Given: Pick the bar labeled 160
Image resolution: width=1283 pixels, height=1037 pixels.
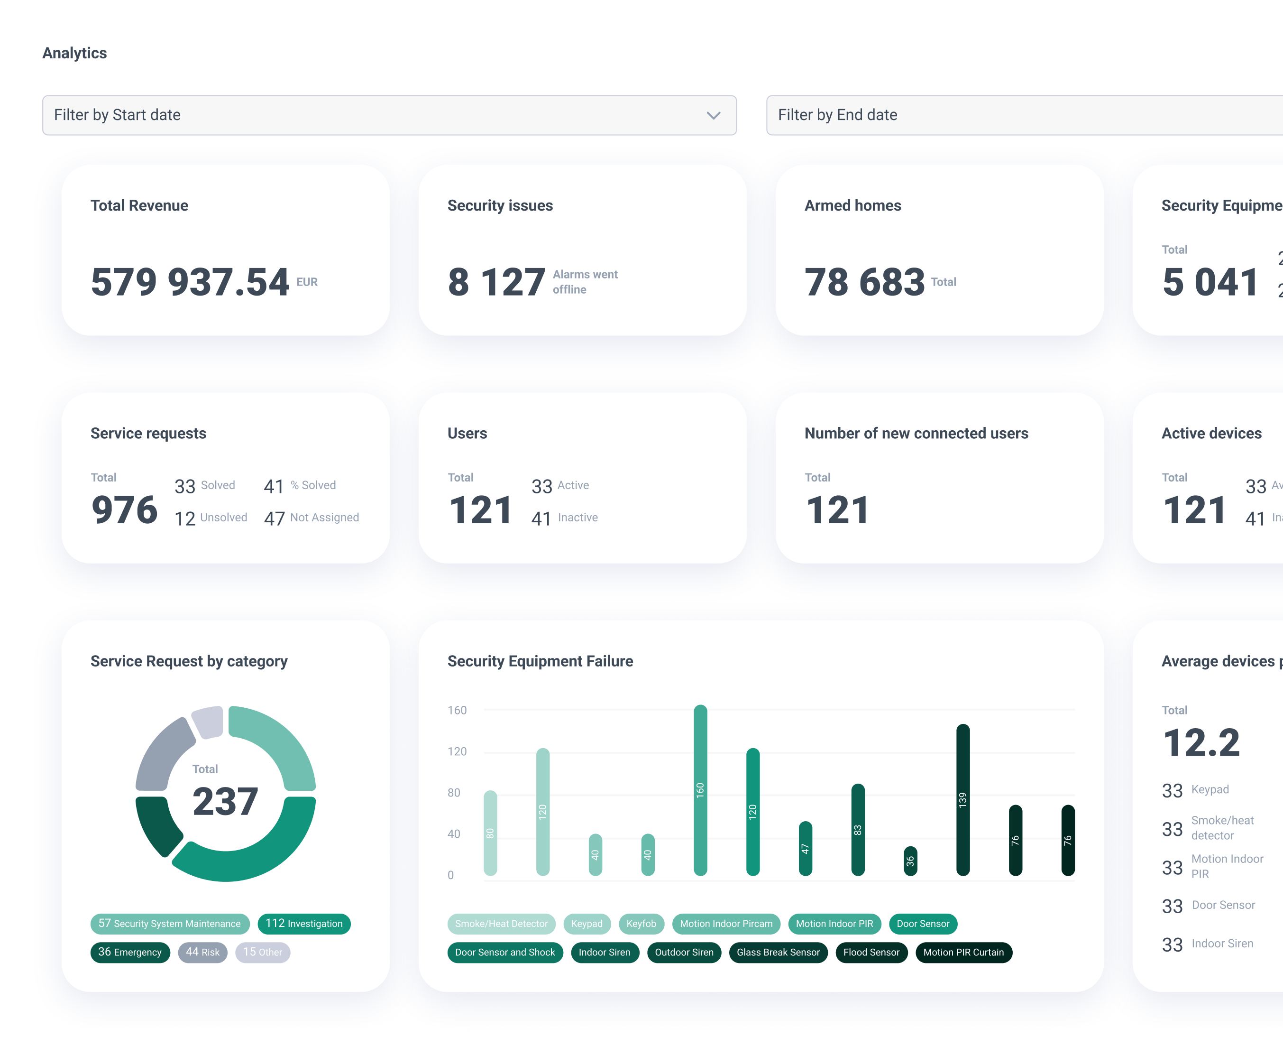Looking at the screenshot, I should click(x=700, y=790).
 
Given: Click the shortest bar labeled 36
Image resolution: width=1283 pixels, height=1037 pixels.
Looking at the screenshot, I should click(x=910, y=861).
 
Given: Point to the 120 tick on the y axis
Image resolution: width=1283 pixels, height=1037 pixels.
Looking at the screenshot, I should click(x=457, y=751).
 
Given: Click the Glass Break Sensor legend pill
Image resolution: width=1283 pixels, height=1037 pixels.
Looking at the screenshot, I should click(x=778, y=952).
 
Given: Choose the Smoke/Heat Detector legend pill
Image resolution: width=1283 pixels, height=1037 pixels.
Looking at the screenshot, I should click(x=501, y=924).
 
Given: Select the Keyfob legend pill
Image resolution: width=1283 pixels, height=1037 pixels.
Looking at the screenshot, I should click(x=641, y=924).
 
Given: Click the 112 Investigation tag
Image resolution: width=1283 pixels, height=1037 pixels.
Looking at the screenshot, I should click(x=304, y=924).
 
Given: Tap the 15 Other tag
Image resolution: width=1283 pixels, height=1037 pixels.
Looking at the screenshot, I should click(x=263, y=952).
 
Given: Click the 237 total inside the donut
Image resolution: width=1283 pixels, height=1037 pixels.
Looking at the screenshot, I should click(x=225, y=801).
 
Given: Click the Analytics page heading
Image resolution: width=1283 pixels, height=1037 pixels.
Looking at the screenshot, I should click(x=74, y=53).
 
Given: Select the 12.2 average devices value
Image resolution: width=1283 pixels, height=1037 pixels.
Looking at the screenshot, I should click(x=1201, y=743).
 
